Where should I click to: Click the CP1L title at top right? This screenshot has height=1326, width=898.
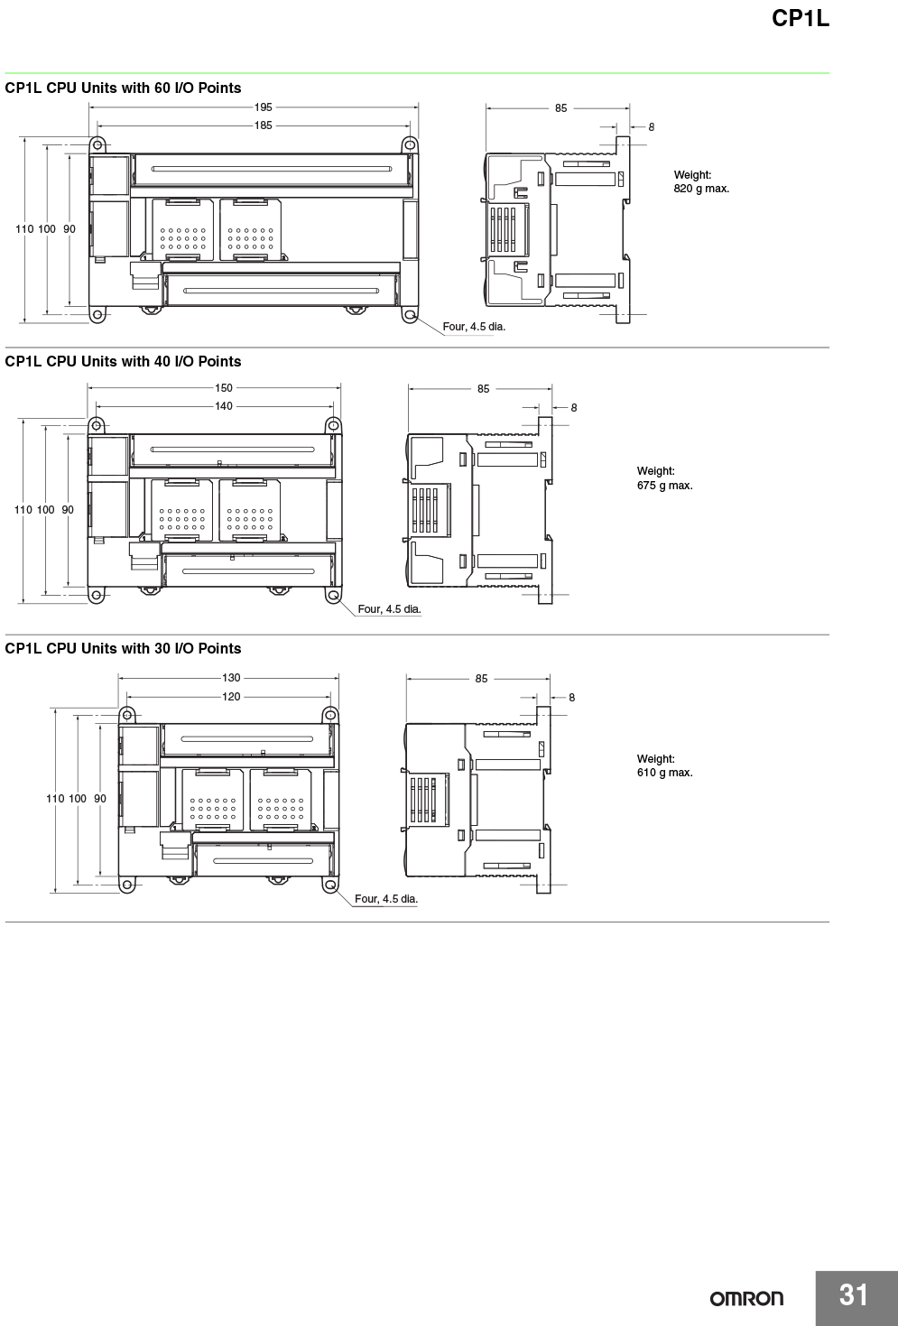801,18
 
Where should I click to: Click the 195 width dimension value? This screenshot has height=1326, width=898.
264,107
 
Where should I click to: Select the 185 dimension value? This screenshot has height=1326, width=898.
264,125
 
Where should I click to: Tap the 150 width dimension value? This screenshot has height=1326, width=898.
224,388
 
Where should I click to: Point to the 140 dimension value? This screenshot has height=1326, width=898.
224,406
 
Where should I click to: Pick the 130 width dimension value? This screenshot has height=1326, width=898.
231,678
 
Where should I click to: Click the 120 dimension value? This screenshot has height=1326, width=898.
231,697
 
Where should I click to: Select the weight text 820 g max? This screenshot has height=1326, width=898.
701,189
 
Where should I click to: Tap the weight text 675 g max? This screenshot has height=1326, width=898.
665,486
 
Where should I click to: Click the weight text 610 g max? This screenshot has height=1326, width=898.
665,773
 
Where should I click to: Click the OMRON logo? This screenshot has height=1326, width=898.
746,1299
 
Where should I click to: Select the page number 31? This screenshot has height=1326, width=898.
854,1294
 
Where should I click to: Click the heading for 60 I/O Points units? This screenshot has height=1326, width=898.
123,88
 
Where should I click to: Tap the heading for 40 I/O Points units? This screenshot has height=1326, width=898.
123,362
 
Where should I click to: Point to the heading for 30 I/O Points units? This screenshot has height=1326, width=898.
123,649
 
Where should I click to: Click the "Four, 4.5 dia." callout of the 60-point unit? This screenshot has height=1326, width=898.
474,327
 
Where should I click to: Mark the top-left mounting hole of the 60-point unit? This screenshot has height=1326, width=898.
97,144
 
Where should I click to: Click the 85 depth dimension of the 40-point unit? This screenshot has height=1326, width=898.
484,389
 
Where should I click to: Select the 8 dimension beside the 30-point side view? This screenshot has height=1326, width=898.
572,698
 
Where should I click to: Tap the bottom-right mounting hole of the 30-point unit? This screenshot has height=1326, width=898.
330,885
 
